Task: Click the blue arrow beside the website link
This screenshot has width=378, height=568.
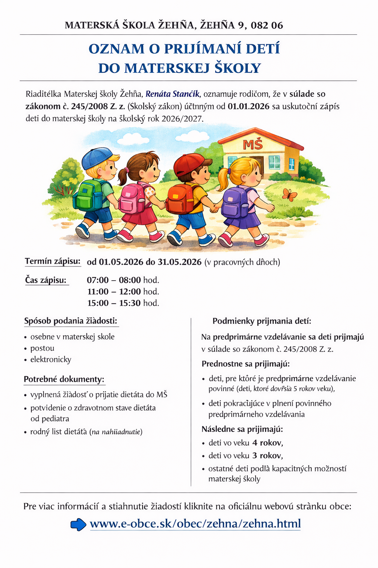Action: pos(78,524)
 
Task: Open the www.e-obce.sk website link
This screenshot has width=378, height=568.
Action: pos(195,524)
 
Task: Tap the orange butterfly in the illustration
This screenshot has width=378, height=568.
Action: pos(289,194)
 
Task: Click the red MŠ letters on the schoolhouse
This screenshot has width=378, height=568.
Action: pos(252,145)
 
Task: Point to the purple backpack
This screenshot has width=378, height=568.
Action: pos(235,202)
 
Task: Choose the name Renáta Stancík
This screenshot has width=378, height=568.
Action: pos(172,94)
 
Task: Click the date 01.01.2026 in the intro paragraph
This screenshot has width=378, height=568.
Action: pos(248,106)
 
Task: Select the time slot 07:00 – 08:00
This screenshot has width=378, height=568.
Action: pos(114,280)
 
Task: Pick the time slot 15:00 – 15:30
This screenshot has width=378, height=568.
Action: pos(114,303)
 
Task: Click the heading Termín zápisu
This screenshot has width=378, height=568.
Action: pos(52,261)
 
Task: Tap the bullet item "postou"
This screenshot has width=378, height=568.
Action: pos(42,348)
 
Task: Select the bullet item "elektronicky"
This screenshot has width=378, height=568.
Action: pos(51,359)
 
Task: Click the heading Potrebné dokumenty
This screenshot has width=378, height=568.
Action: pos(64,379)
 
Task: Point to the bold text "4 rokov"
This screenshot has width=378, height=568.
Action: pos(267,443)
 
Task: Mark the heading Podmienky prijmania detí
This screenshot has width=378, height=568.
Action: pos(262,321)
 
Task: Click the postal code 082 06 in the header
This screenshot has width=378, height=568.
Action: pos(267,26)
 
